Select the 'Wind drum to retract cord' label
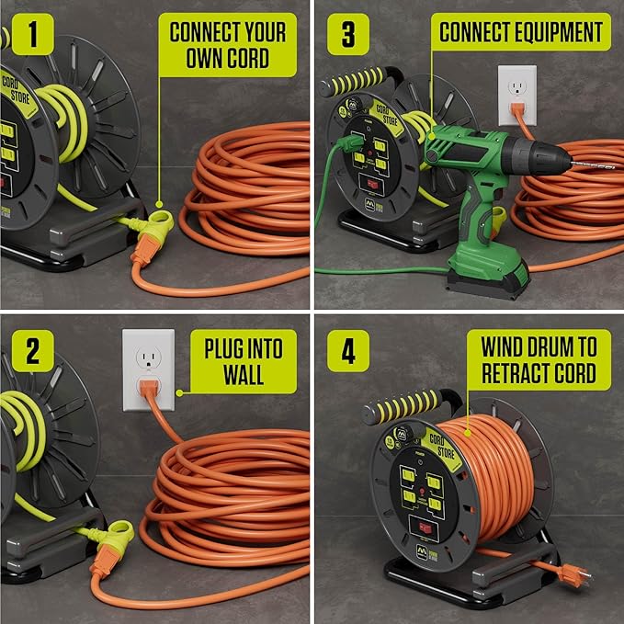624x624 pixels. [538, 360]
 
